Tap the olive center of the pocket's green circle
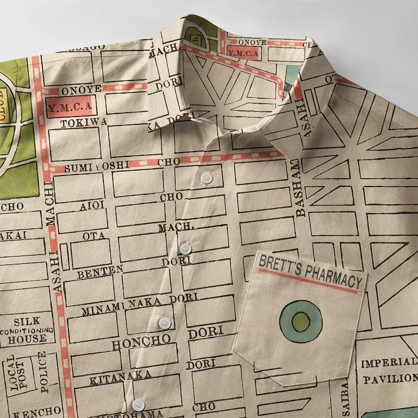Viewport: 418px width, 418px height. click(300, 321)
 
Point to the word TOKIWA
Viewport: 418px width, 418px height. click(84, 122)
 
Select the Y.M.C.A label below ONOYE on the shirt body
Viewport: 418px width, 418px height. click(69, 106)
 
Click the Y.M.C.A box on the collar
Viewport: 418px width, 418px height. click(243, 52)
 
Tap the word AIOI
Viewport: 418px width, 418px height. click(91, 205)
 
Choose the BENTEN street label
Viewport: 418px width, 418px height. click(100, 271)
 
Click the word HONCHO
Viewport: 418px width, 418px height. click(141, 342)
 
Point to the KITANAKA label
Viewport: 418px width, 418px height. click(120, 376)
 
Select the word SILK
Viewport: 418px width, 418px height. click(27, 321)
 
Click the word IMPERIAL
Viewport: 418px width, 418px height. click(389, 363)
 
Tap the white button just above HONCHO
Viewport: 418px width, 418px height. click(165, 322)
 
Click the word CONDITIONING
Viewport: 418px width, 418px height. click(27, 331)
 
